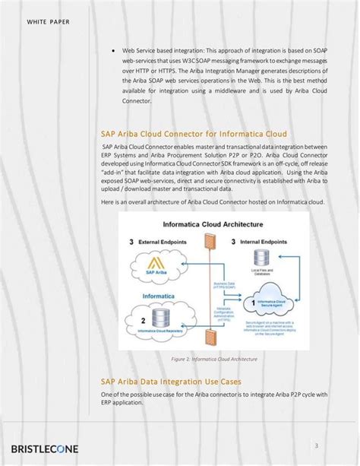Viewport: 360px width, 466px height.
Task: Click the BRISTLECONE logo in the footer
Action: click(x=45, y=449)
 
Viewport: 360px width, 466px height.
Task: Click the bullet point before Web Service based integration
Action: click(x=112, y=51)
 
